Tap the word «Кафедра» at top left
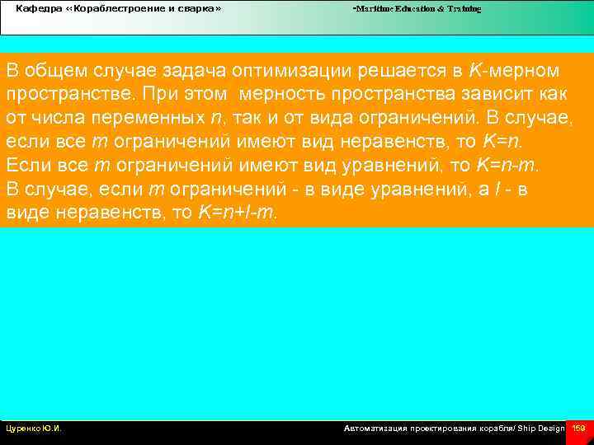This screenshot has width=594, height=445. [x=35, y=8]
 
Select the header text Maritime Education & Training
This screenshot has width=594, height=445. [x=417, y=8]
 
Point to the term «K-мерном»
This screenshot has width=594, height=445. [x=514, y=70]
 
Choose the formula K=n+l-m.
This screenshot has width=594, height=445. [x=238, y=213]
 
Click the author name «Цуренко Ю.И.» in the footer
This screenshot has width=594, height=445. [x=34, y=429]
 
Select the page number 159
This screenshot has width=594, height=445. [x=578, y=429]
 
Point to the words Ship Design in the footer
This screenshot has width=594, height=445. [x=541, y=429]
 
